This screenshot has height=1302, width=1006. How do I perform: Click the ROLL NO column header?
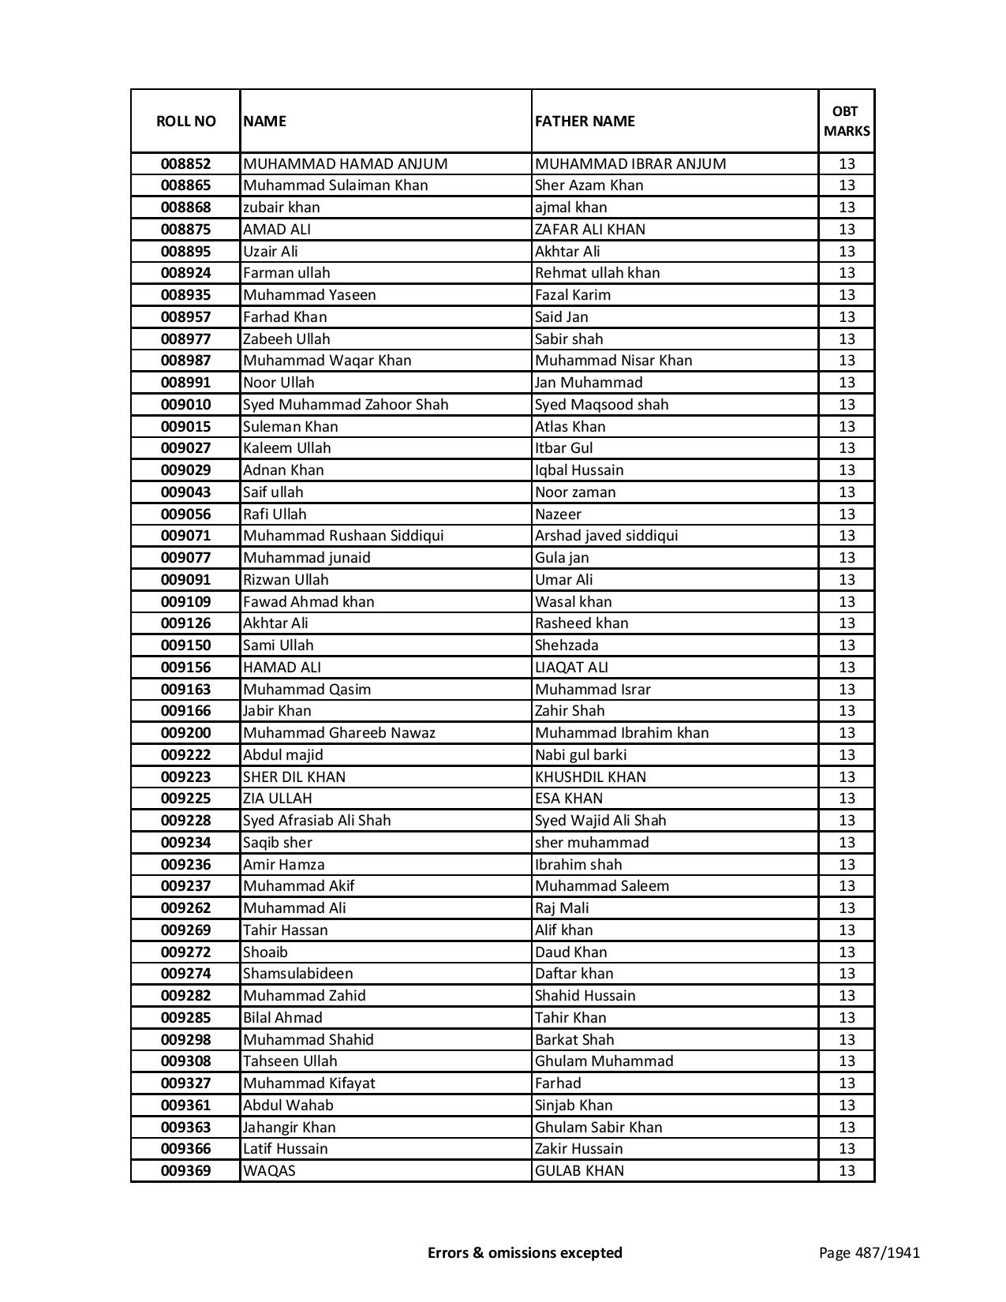[185, 121]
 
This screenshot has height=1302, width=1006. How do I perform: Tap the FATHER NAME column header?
[585, 121]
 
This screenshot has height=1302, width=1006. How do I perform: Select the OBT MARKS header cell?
[847, 121]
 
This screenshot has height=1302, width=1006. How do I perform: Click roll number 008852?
[185, 164]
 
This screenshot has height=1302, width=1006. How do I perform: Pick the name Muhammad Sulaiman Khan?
[335, 185]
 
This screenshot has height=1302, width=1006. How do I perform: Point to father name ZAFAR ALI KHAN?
[589, 230]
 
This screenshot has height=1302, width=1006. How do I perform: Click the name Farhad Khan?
[285, 317]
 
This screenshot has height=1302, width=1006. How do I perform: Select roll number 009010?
[185, 405]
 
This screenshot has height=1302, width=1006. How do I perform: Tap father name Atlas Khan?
[570, 427]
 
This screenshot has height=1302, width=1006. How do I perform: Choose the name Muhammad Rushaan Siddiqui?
[343, 536]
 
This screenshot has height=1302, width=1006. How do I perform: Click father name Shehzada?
[567, 645]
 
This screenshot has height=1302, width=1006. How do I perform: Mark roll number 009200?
[185, 733]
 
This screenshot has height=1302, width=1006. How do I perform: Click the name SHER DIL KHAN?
[294, 777]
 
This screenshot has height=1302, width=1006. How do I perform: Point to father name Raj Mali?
[562, 908]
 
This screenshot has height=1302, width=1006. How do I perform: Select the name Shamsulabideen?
[297, 974]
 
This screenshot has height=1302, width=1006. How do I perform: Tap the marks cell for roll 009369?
[847, 1171]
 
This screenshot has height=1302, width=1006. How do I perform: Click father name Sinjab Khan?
[574, 1106]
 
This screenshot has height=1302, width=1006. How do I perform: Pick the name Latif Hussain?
[285, 1149]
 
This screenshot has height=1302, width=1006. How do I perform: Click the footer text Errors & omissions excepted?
[525, 1252]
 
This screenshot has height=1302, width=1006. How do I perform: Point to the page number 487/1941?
[869, 1252]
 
